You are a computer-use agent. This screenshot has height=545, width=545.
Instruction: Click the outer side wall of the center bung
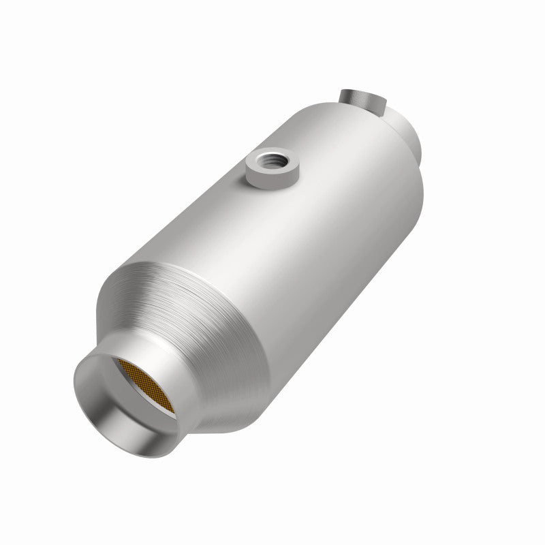(x=262, y=178)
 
